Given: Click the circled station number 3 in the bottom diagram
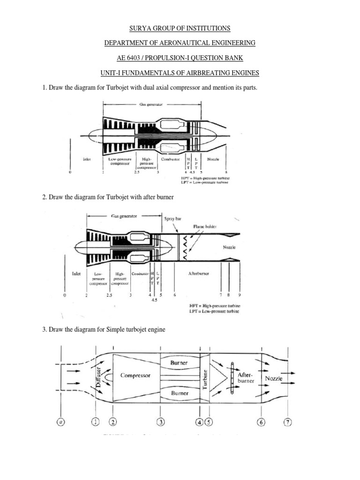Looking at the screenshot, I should coord(160,422).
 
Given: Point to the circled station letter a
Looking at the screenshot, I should coord(60,422).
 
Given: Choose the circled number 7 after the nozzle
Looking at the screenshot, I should coord(287,422).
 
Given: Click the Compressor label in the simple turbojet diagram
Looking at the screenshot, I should coord(135,375).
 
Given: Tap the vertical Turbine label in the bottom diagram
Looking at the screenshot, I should coord(205,378).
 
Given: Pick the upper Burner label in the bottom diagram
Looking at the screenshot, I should coord(179,363).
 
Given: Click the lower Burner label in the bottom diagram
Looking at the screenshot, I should coord(179,393).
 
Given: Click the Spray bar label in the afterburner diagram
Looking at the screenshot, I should coord(172,218).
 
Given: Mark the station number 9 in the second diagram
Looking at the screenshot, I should coord(239,296).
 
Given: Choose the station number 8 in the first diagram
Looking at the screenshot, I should coord(226,172).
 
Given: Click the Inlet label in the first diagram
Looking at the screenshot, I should coord(87,159).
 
